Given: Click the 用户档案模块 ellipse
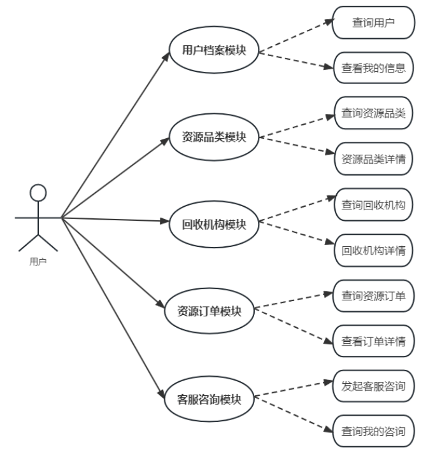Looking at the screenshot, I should click(213, 50).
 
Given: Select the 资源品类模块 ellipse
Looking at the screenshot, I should click(213, 137).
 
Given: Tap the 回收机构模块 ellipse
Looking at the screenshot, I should click(213, 223).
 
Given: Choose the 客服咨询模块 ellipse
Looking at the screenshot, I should click(210, 399).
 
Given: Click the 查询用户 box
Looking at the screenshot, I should click(373, 23).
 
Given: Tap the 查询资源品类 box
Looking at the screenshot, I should click(373, 113).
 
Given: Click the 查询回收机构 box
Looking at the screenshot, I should click(373, 204).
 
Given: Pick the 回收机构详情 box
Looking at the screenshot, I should click(373, 250).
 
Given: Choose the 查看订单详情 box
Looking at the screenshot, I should click(373, 341).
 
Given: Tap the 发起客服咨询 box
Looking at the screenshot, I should click(373, 385).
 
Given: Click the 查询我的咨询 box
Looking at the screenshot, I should click(373, 432).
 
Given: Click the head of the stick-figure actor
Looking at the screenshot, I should click(39, 193).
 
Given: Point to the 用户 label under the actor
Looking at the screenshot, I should click(38, 260).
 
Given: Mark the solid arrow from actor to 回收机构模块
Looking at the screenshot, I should click(115, 220).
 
